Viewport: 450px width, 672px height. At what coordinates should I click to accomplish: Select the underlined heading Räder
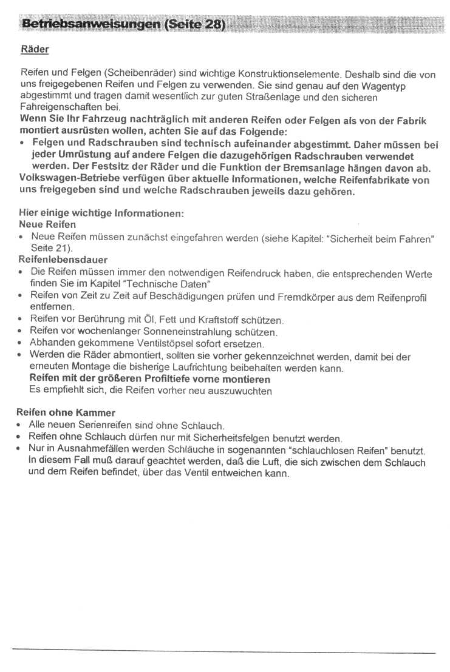pyautogui.click(x=35, y=49)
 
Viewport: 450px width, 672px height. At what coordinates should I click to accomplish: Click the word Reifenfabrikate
pyautogui.click(x=364, y=180)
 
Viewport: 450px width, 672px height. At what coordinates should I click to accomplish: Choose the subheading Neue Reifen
pyautogui.click(x=48, y=224)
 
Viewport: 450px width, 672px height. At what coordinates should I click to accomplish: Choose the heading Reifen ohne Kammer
pyautogui.click(x=66, y=412)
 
